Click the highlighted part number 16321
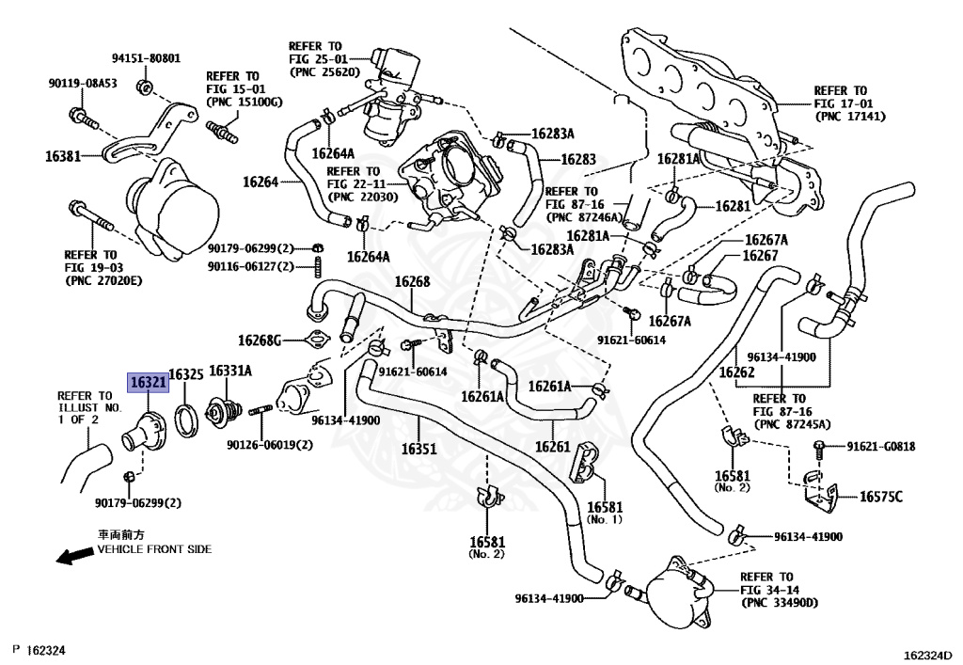(x=148, y=383)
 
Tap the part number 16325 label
(x=186, y=374)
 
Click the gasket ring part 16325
(x=185, y=420)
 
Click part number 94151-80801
(x=146, y=58)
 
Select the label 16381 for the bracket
(x=63, y=156)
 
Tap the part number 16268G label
(x=260, y=340)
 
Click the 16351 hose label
(x=418, y=449)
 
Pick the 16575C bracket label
(x=880, y=496)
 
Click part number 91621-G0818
(x=880, y=447)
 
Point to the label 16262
(x=736, y=372)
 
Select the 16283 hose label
(x=578, y=159)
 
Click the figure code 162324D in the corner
(x=928, y=656)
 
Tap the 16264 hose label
(x=260, y=182)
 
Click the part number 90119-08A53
(x=83, y=83)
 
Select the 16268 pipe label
(x=412, y=282)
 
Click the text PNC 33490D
(x=780, y=603)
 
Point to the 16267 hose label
(x=760, y=256)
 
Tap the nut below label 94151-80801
(x=145, y=87)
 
